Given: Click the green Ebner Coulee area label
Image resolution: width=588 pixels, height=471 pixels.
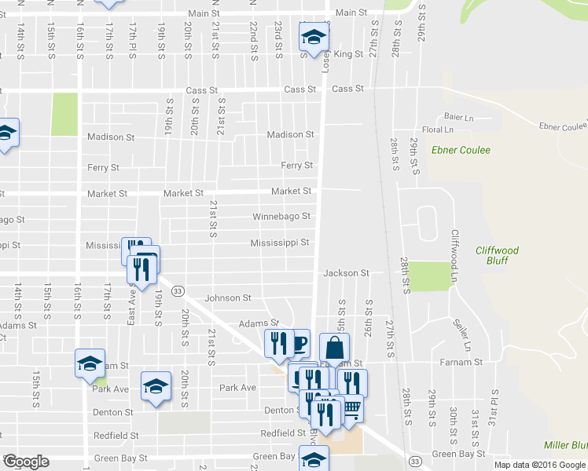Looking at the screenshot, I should click(460, 150).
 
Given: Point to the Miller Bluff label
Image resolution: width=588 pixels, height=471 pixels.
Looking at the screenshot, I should click(565, 445).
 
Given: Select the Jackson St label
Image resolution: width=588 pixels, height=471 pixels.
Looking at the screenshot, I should click(346, 273).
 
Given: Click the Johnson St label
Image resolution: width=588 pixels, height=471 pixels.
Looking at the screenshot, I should click(227, 298).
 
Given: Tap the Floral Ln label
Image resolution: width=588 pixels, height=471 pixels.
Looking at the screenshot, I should click(438, 130).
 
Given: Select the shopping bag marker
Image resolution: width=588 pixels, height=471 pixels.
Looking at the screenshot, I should click(334, 347).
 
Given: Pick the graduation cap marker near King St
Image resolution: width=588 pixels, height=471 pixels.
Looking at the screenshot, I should click(313, 36).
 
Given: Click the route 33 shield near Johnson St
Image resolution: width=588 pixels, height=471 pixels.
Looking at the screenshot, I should click(179, 290).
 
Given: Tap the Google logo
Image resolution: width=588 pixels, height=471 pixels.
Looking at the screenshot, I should click(26, 462).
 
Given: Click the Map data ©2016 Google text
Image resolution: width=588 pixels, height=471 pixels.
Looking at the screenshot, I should click(539, 465).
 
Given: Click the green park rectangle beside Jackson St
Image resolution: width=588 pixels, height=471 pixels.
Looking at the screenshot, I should click(428, 276).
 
